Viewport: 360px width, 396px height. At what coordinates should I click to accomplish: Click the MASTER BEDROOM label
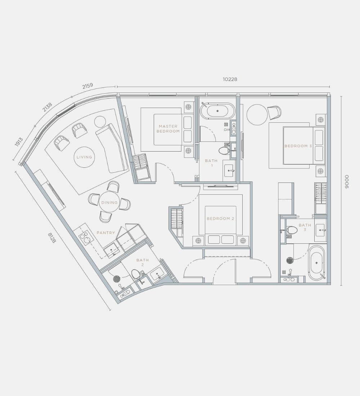click(x=168, y=129)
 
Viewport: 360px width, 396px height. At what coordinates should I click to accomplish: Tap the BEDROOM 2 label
click(x=220, y=219)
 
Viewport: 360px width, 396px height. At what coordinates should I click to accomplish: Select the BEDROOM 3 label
click(x=298, y=146)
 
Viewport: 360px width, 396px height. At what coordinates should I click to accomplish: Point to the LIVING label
click(x=84, y=157)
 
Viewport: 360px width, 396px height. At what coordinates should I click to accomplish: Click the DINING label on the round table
click(x=109, y=203)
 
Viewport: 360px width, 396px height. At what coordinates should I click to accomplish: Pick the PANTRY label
click(x=106, y=233)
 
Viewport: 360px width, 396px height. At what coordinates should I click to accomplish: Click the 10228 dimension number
click(x=230, y=79)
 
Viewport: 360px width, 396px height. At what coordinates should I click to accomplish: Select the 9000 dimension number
click(x=346, y=182)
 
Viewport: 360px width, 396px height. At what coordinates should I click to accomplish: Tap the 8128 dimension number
click(x=52, y=238)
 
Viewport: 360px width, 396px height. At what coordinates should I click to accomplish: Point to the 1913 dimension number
click(x=19, y=142)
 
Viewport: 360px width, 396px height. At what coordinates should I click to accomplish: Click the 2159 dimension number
click(x=88, y=86)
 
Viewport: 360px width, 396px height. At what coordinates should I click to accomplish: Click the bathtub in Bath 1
click(x=217, y=111)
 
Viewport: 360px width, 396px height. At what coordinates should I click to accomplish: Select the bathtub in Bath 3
click(x=316, y=263)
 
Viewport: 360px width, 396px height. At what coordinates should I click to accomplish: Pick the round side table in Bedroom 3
click(x=257, y=114)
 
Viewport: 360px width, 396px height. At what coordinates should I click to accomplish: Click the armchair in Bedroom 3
click(x=274, y=113)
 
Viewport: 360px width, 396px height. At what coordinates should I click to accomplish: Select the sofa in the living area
click(x=111, y=148)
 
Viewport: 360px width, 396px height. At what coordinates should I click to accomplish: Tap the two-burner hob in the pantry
click(x=85, y=237)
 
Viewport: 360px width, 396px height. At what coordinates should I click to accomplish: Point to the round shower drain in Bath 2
click(x=117, y=279)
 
